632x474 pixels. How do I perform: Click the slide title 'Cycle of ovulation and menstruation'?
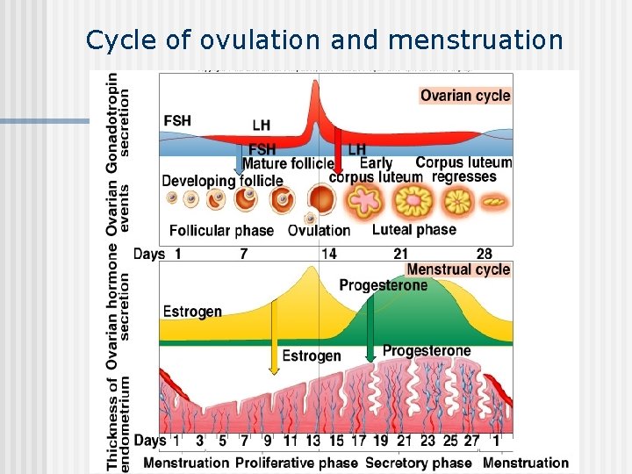click(325, 39)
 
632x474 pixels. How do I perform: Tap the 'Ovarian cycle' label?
click(465, 96)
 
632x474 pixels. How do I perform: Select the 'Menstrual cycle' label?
click(458, 269)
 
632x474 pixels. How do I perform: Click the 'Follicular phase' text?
click(221, 231)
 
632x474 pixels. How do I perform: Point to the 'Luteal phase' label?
click(414, 230)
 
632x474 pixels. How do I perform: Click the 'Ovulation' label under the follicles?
click(319, 231)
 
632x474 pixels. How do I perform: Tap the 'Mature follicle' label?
click(288, 163)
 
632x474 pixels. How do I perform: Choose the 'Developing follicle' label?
click(222, 181)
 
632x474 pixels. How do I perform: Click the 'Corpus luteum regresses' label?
click(463, 169)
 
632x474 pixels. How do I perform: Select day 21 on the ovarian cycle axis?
click(400, 254)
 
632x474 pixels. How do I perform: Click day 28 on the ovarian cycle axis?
click(484, 254)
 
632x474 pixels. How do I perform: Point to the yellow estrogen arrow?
click(275, 329)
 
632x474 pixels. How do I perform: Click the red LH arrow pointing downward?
click(337, 154)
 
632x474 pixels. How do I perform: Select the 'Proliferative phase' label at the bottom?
click(297, 463)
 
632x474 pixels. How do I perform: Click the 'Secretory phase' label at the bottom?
click(419, 463)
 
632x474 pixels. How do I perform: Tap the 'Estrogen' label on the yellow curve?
click(192, 312)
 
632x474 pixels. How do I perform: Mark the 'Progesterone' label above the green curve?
click(383, 285)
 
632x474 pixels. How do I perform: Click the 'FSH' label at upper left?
click(177, 120)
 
